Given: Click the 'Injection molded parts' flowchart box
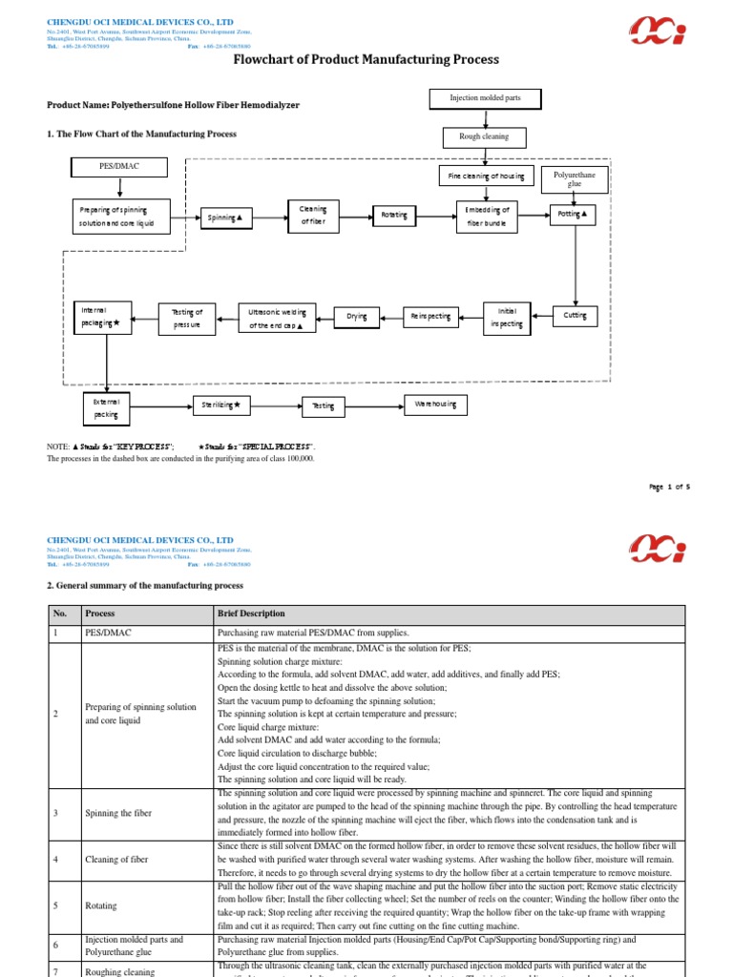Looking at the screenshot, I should click(x=484, y=98).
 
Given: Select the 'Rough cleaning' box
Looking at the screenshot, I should click(x=484, y=136).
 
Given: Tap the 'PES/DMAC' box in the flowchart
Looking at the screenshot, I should click(x=119, y=167).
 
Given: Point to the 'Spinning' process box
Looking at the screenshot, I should click(x=225, y=218).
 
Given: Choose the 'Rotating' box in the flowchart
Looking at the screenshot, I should click(x=394, y=216).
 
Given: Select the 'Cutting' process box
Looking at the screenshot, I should click(x=576, y=316).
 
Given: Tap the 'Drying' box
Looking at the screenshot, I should click(x=356, y=316).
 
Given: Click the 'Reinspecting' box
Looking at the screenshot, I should click(x=430, y=316).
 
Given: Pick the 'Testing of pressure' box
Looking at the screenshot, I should click(x=187, y=318).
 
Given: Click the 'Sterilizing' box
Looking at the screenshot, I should click(x=221, y=405).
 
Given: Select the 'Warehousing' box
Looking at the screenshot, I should click(x=436, y=405).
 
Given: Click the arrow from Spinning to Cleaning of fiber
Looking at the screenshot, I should click(x=270, y=218).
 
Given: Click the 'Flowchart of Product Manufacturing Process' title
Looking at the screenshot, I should click(x=366, y=60).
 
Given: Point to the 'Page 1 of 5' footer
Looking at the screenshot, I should click(x=669, y=487).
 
